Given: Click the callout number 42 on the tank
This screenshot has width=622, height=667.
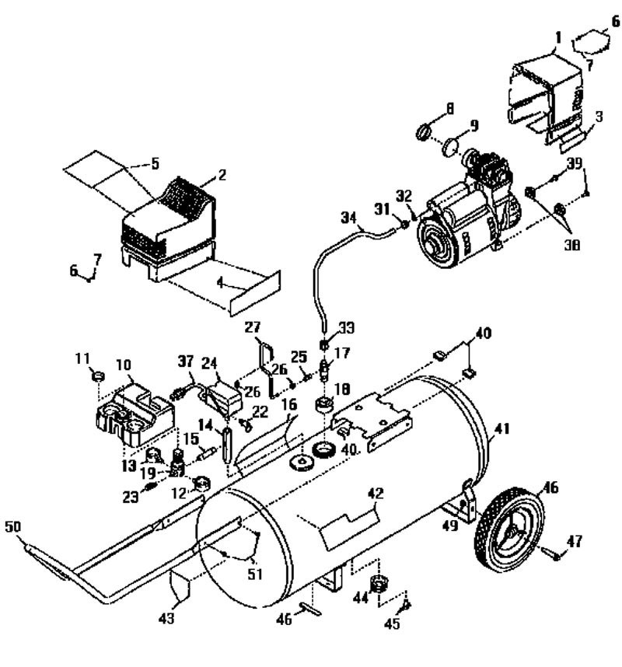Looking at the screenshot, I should [376, 491].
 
